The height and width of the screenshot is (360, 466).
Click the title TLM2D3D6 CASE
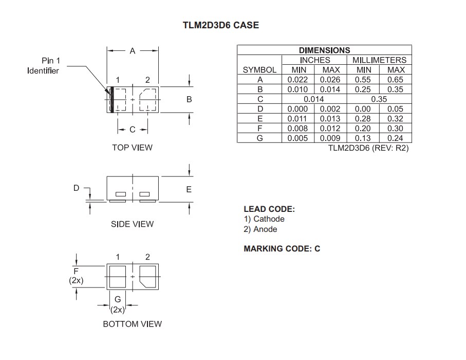(x=220, y=25)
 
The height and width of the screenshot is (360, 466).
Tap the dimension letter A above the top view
(x=132, y=51)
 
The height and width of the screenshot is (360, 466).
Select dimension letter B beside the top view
(x=189, y=99)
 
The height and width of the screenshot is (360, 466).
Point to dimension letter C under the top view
(x=132, y=130)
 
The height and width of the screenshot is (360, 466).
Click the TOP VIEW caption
(x=132, y=148)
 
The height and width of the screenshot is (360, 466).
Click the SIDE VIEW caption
(x=132, y=224)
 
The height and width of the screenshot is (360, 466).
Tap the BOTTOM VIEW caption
(x=132, y=324)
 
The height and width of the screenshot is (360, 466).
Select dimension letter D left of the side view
(x=76, y=188)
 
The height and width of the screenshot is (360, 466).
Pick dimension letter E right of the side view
(x=189, y=190)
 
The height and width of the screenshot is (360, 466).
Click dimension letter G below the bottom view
(x=118, y=299)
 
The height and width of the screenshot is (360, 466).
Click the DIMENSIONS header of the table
(x=324, y=50)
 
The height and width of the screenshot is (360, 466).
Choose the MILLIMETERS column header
(x=379, y=60)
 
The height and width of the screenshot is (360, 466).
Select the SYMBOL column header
(x=259, y=70)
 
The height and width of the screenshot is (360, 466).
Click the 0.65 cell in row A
(x=396, y=80)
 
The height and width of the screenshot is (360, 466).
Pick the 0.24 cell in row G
(x=396, y=138)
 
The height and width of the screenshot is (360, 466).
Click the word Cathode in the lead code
(x=269, y=219)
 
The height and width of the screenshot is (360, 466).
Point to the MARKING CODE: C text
(x=282, y=249)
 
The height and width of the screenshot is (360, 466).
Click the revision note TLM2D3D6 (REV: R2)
(x=368, y=148)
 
